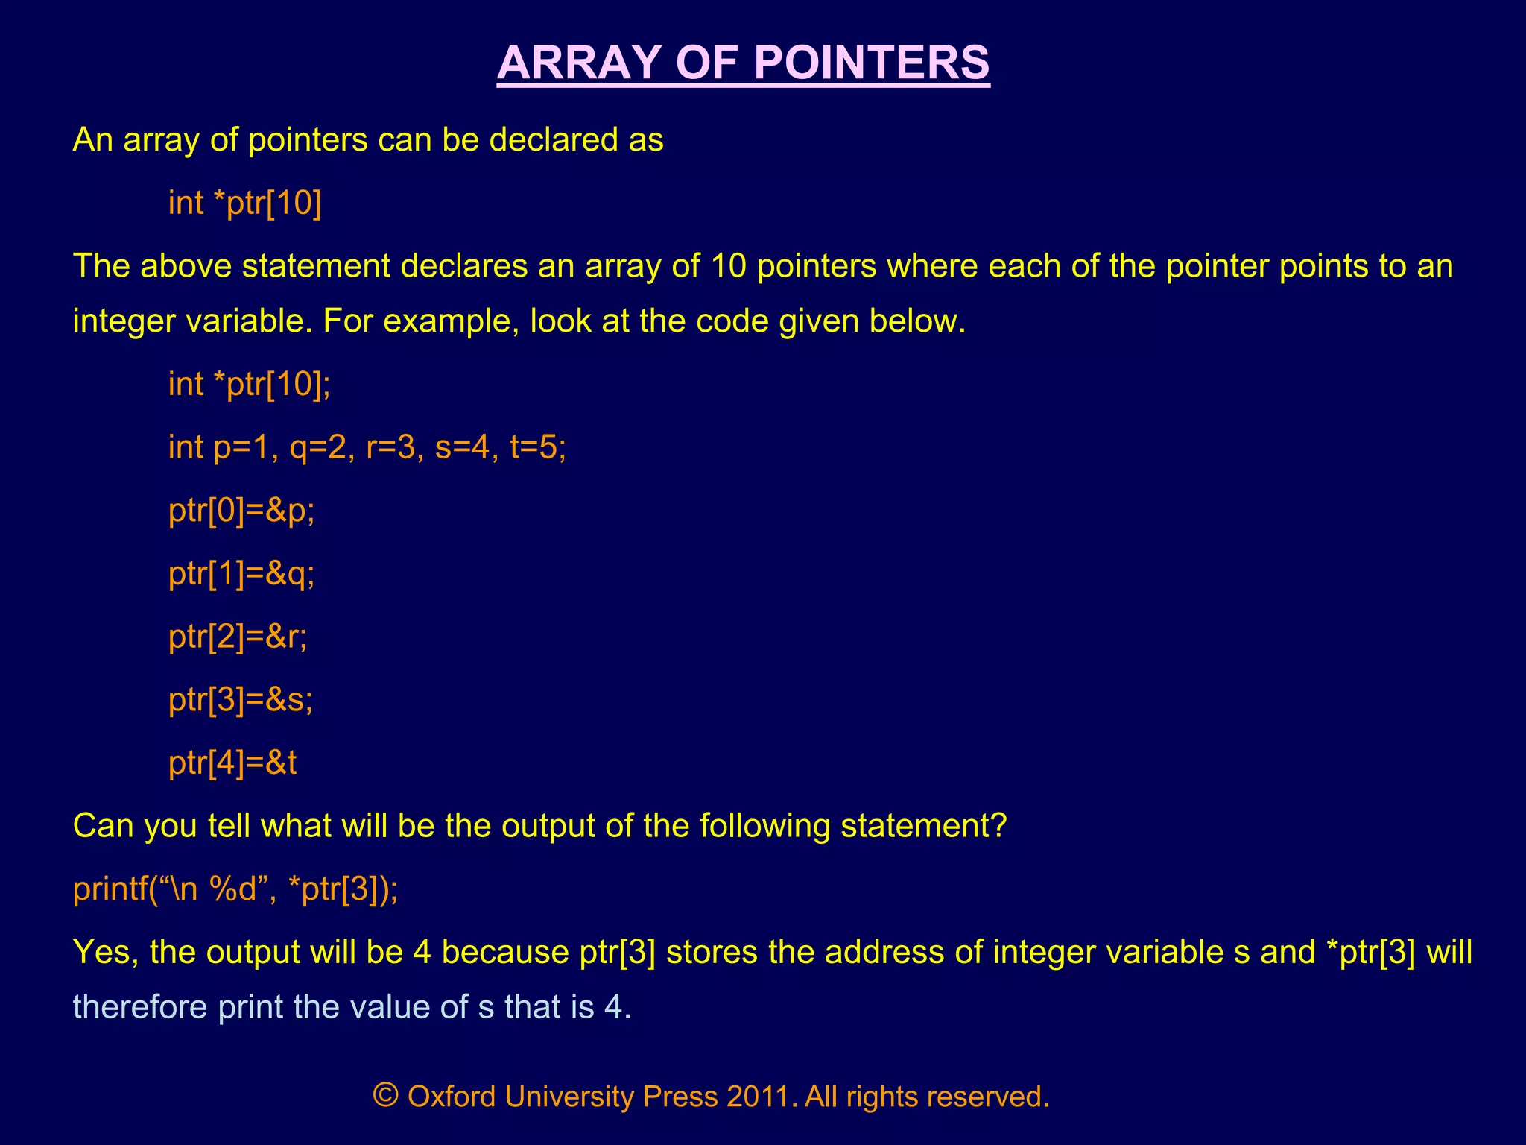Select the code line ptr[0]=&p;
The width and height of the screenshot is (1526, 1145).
241,511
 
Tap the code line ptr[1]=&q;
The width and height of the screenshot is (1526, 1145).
241,574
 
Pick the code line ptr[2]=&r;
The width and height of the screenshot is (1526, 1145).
238,637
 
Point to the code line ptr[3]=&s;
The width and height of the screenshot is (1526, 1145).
241,700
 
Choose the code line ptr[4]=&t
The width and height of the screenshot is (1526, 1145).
232,763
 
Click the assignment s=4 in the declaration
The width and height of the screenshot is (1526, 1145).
463,448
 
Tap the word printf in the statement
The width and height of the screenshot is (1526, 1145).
110,889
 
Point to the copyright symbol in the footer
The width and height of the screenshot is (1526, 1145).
386,1094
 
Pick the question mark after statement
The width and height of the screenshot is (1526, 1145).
1000,826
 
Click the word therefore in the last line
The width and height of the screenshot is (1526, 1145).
139,1007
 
